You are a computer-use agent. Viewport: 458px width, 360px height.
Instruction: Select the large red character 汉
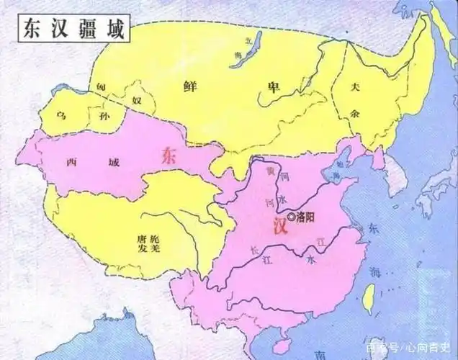280,228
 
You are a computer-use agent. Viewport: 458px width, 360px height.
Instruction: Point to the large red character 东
170,155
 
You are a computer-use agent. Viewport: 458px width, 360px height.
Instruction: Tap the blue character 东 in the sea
372,228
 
